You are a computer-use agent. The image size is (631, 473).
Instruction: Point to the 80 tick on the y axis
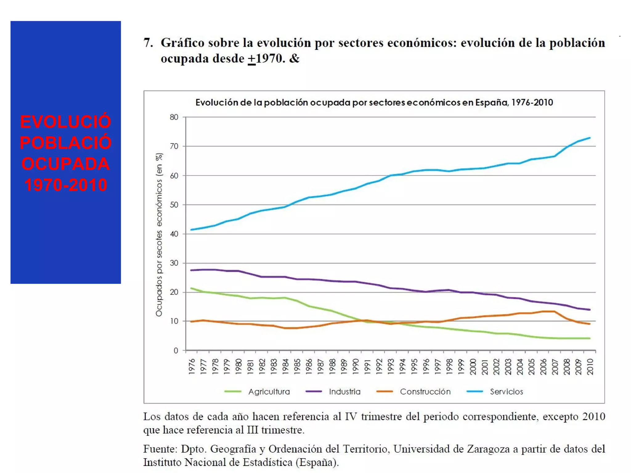tap(174, 117)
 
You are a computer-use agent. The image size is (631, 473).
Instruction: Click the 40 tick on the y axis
tap(174, 234)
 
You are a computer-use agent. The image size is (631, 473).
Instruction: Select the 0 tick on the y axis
tap(176, 350)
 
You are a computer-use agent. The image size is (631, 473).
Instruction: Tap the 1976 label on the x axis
tap(192, 366)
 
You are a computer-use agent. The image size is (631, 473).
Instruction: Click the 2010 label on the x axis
tap(590, 366)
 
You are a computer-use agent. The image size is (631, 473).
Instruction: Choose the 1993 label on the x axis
tap(391, 366)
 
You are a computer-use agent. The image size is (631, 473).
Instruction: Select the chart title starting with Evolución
tap(374, 103)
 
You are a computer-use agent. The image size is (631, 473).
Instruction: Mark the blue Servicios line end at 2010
tap(590, 138)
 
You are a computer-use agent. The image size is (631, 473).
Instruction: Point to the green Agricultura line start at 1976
tap(192, 288)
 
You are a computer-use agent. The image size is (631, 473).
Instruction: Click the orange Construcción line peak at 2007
tap(555, 311)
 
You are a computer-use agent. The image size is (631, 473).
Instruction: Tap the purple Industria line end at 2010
tap(590, 310)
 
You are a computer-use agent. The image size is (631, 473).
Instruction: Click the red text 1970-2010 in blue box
tap(66, 185)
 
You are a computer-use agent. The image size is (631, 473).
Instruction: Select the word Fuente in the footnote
tap(160, 449)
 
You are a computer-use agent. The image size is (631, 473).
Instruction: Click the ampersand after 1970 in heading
tap(294, 59)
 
